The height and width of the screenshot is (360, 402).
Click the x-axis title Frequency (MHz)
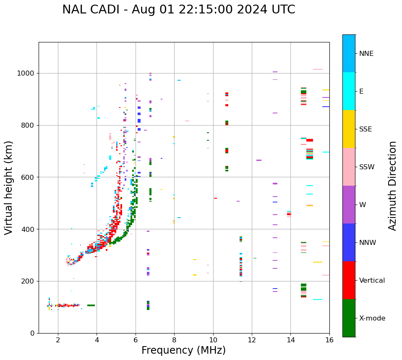[x=183, y=350]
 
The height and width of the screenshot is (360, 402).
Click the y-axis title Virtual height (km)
[x=9, y=187]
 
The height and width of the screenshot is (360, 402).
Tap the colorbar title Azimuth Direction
[x=392, y=185]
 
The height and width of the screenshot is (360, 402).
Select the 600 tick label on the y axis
[x=28, y=177]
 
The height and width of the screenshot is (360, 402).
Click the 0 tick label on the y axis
[x=32, y=333]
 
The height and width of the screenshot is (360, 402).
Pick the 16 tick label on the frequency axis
[x=329, y=340]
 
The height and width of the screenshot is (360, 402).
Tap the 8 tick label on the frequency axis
[x=174, y=340]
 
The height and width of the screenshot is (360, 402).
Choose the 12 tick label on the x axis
[x=252, y=340]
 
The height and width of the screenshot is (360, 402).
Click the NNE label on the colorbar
[x=366, y=53]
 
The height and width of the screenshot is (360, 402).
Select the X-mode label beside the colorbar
[x=372, y=318]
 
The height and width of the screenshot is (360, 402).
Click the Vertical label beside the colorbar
[x=372, y=280]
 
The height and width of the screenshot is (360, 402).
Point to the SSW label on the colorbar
[x=366, y=167]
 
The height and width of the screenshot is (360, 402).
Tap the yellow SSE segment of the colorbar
[x=349, y=129]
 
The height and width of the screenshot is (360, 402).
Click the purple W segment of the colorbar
[x=349, y=205]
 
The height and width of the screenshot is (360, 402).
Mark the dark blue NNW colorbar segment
[x=349, y=242]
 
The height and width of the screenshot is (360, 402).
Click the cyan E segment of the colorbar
[x=349, y=91]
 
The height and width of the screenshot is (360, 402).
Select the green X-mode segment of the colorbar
[x=349, y=318]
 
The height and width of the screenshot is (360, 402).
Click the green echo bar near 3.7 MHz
[x=91, y=305]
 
